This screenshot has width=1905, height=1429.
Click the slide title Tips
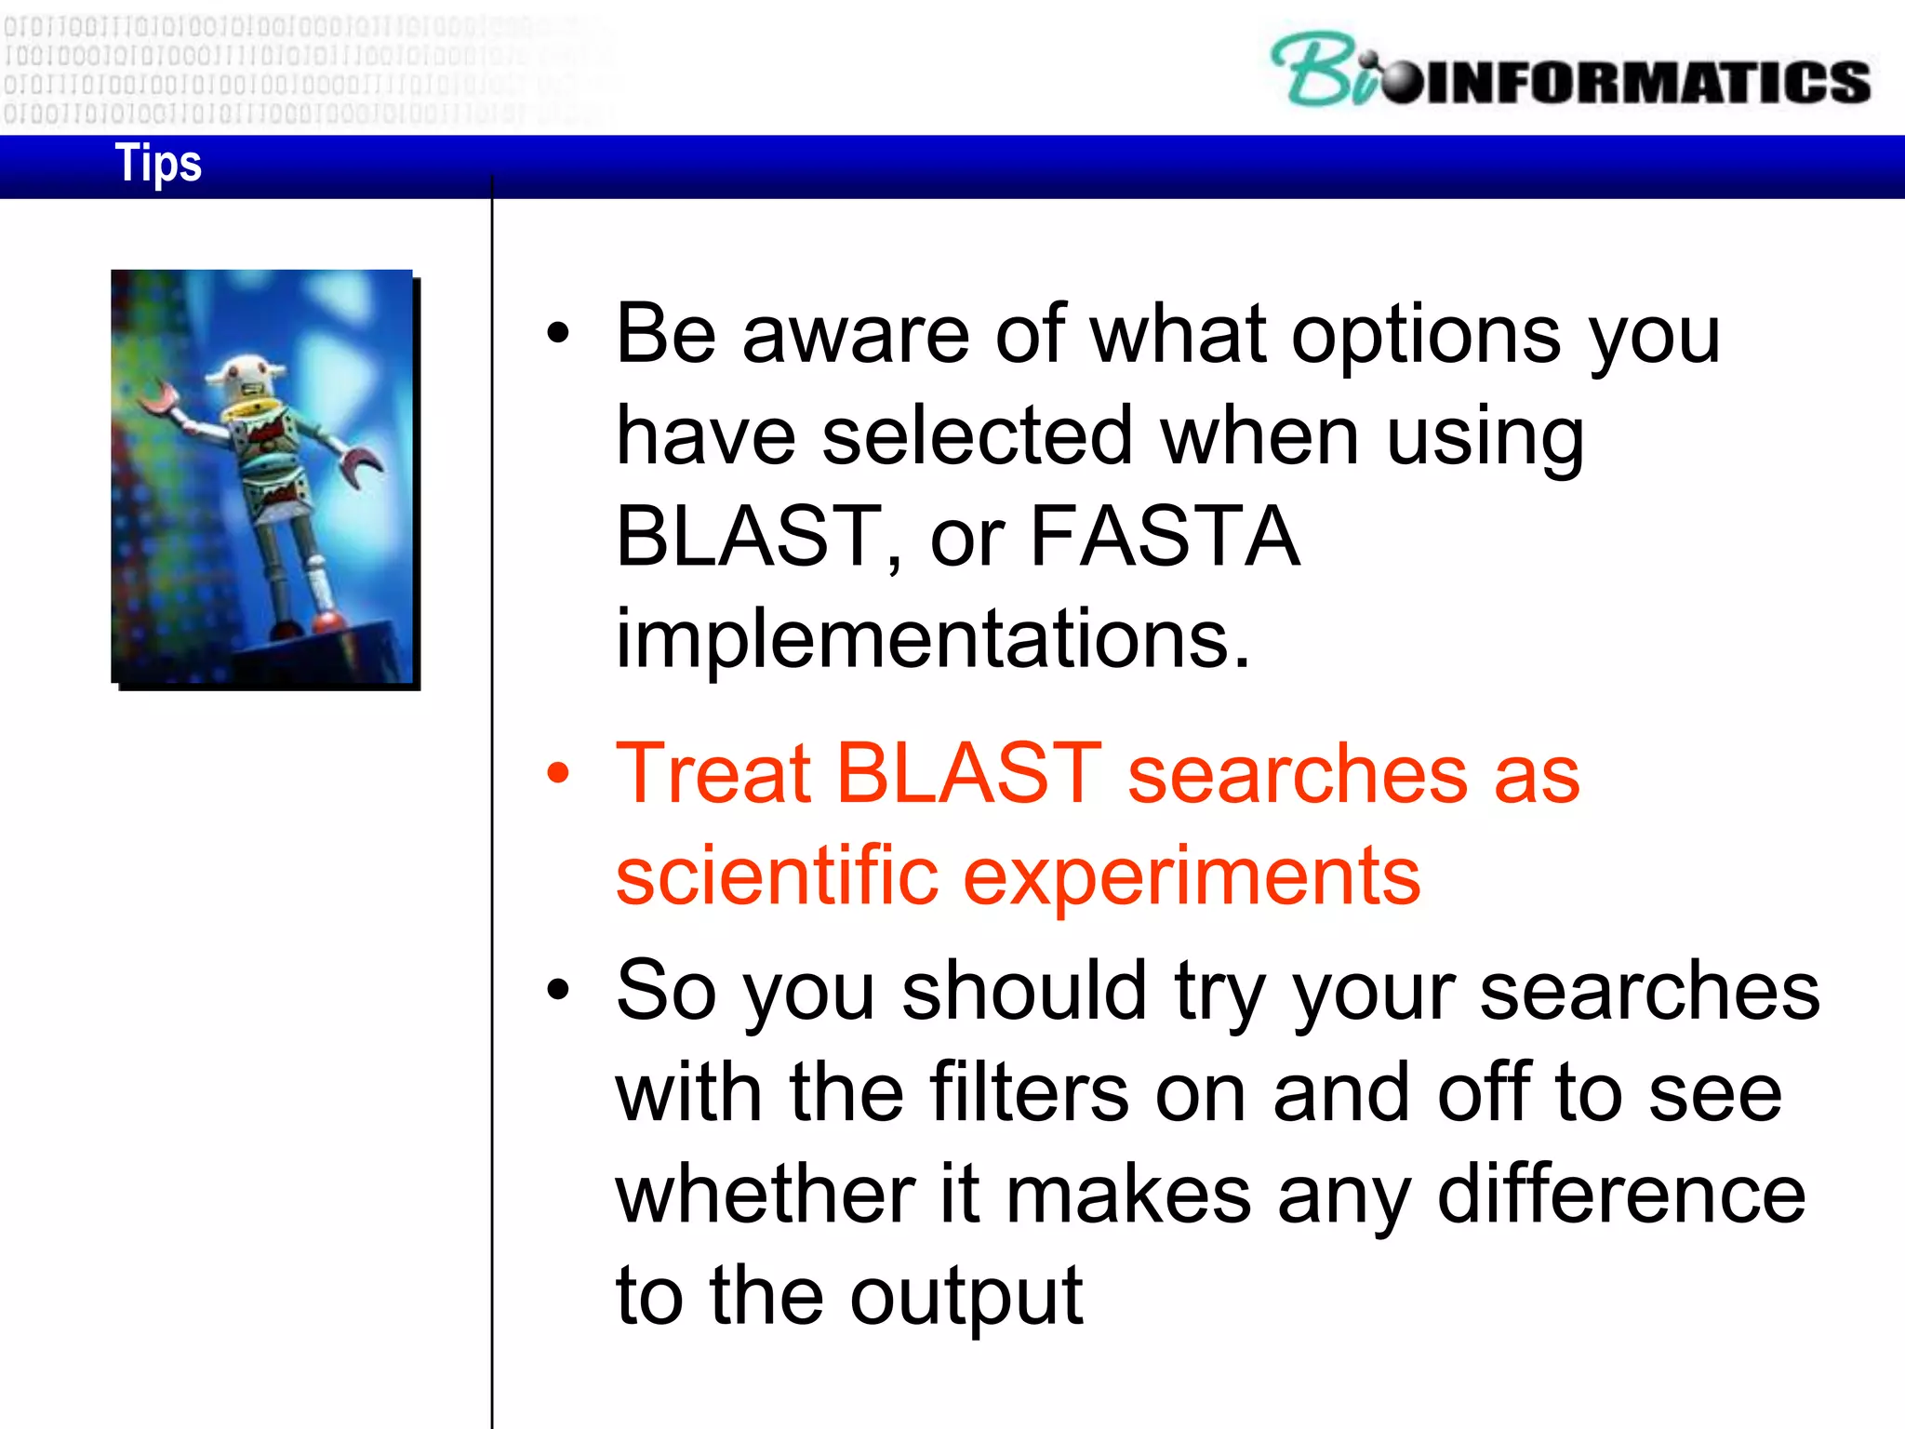click(157, 164)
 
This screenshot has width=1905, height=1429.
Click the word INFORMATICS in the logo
click(1646, 82)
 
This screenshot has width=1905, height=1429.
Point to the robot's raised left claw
click(158, 400)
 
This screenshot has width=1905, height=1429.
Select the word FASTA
click(1165, 537)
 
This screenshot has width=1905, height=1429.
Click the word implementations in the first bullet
click(932, 639)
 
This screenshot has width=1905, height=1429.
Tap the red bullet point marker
click(557, 773)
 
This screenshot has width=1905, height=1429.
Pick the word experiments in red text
click(1191, 876)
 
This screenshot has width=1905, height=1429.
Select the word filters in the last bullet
click(1029, 1093)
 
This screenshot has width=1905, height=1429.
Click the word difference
click(1620, 1195)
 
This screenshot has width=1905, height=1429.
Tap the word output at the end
click(966, 1298)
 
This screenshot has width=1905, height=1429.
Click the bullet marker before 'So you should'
click(557, 990)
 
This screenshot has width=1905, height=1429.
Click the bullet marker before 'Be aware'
click(557, 334)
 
